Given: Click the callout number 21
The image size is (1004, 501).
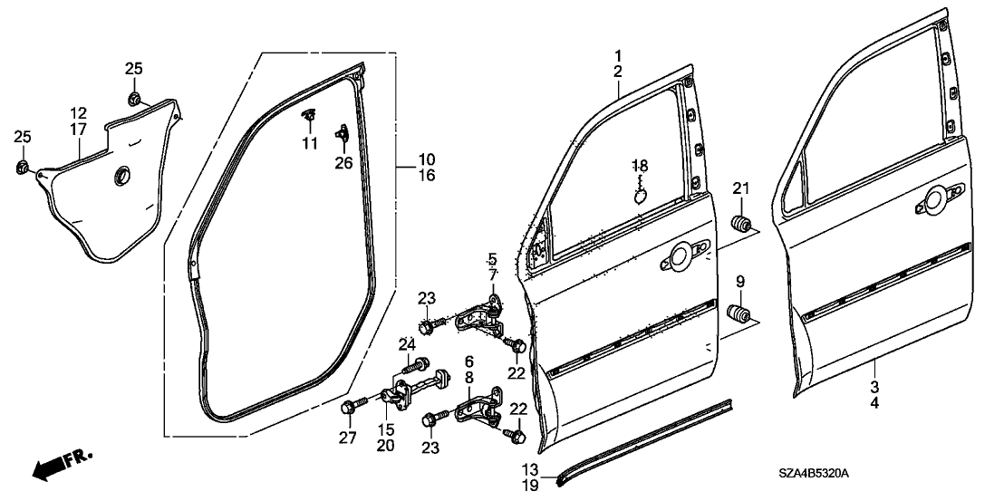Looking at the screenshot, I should pyautogui.click(x=742, y=188).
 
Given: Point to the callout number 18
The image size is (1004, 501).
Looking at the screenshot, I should pyautogui.click(x=640, y=166).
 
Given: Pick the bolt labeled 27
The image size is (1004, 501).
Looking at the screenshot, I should pyautogui.click(x=351, y=409).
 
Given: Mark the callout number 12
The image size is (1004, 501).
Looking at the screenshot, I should pyautogui.click(x=79, y=114).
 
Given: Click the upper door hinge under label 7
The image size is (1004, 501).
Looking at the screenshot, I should pyautogui.click(x=479, y=319).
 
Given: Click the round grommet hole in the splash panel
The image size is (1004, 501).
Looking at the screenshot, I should pyautogui.click(x=118, y=178).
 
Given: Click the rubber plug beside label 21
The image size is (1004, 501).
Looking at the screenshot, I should pyautogui.click(x=742, y=223).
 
